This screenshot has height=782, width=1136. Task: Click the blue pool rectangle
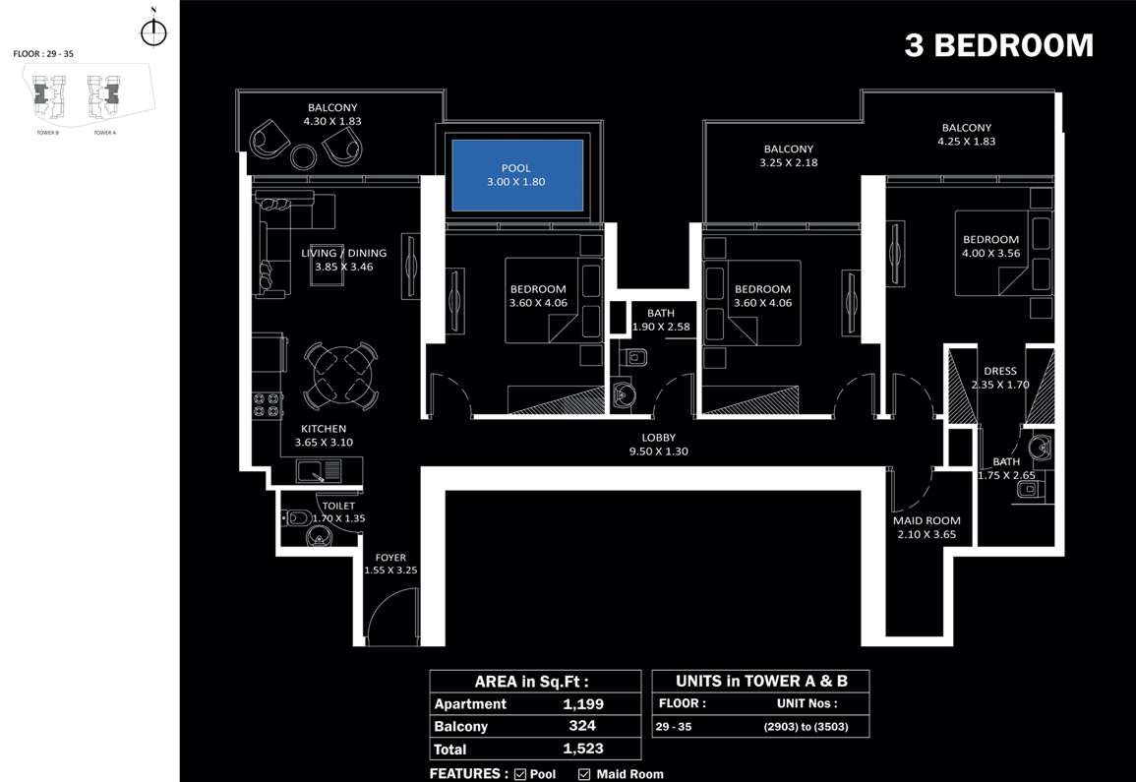point(516,175)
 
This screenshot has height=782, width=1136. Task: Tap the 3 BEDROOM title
point(998,45)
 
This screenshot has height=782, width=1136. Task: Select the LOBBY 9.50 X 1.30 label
point(658,445)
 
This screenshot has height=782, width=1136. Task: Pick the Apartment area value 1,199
point(583,704)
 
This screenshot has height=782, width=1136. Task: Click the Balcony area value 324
point(583,726)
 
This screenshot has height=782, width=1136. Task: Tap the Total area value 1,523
point(583,749)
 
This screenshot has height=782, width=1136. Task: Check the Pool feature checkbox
point(519,774)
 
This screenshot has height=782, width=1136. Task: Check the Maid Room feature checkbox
point(584,774)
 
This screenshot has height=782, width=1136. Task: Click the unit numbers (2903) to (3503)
point(805,727)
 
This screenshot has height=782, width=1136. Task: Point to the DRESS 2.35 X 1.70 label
point(999,378)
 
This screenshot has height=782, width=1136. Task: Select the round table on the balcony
point(304,155)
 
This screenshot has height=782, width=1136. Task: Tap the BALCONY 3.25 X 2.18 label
point(788,155)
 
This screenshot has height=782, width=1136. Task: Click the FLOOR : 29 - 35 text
point(44,54)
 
